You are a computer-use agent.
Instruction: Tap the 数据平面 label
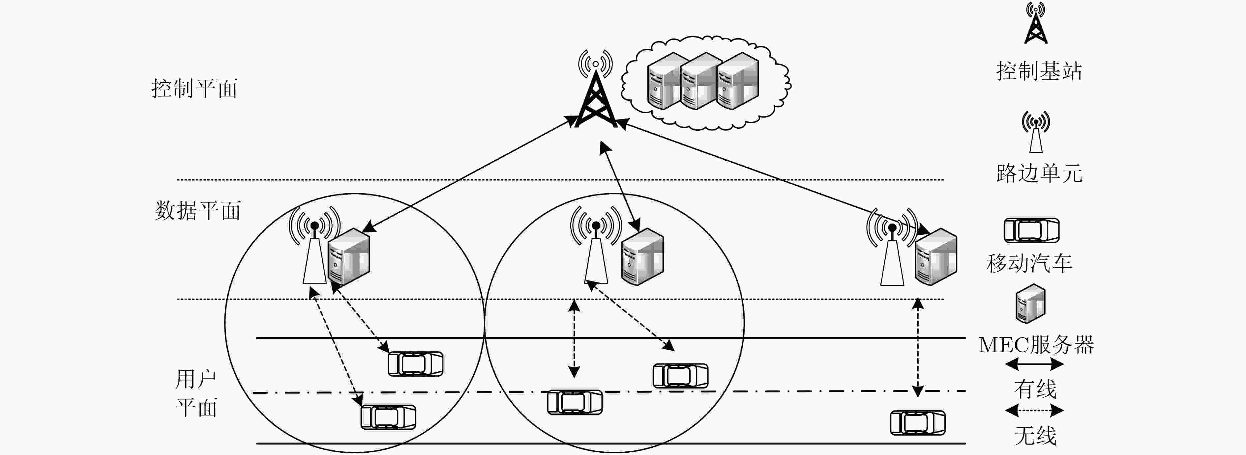197,211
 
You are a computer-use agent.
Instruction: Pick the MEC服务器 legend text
1036,345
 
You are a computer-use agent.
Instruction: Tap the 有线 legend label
1035,389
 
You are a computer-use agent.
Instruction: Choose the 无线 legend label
1035,436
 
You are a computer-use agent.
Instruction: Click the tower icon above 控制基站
1036,23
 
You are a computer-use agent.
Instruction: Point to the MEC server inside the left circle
349,256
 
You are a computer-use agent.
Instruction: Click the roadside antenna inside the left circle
314,246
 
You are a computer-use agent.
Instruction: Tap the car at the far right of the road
918,423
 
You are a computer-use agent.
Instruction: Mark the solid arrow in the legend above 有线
1034,364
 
